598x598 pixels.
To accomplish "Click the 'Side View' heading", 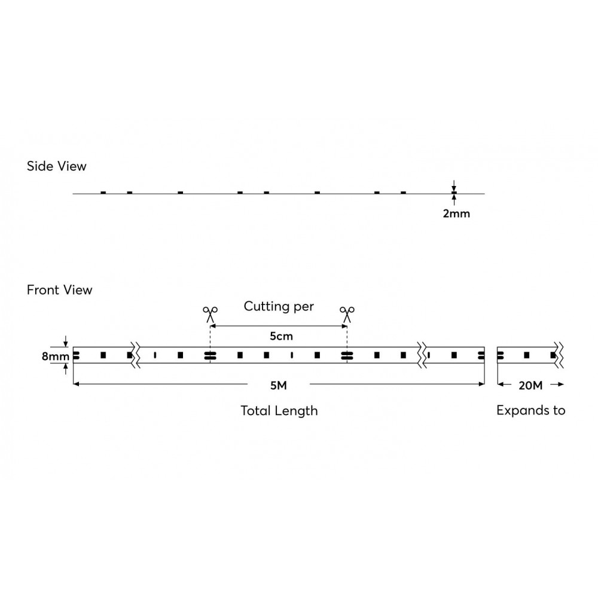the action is click(x=56, y=166).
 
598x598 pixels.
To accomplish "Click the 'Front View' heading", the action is click(x=59, y=290).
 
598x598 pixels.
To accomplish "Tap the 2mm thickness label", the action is click(x=456, y=213).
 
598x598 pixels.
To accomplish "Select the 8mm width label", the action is click(x=56, y=356).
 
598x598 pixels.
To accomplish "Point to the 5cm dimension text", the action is click(x=282, y=336).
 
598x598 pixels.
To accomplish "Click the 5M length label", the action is click(x=279, y=386).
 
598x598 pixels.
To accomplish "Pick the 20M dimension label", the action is click(x=530, y=386).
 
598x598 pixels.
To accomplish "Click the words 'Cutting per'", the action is click(x=279, y=307).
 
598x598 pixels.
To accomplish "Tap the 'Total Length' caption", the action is click(x=279, y=411).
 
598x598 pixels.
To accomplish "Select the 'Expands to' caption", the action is click(x=531, y=410).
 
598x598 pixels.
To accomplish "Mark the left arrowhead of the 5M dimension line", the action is click(x=76, y=384).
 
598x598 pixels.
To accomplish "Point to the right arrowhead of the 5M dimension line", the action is click(x=481, y=384).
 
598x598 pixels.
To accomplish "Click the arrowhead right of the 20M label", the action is click(x=561, y=384).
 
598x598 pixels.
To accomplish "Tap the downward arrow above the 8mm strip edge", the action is click(x=66, y=341).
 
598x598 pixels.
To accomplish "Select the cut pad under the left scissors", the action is click(x=210, y=355).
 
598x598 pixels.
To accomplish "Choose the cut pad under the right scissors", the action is click(x=347, y=355).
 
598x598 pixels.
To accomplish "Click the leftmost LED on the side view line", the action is click(x=103, y=193).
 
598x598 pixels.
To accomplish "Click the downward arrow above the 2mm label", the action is click(x=454, y=187).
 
